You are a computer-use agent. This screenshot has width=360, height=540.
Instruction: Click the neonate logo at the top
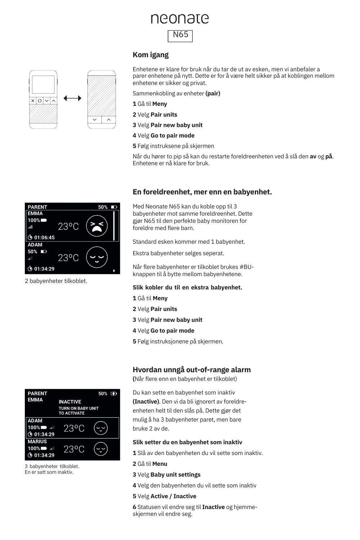pyautogui.click(x=180, y=19)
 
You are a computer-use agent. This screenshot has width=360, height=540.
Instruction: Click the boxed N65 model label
pyautogui.click(x=180, y=35)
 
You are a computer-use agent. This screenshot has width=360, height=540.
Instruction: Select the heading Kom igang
pyautogui.click(x=150, y=55)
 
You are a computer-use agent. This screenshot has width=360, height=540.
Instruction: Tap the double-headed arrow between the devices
pyautogui.click(x=72, y=98)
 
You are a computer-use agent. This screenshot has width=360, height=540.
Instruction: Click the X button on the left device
pyautogui.click(x=33, y=101)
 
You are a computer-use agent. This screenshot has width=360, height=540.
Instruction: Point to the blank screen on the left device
pyautogui.click(x=43, y=85)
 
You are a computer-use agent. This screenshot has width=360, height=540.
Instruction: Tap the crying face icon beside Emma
pyautogui.click(x=97, y=226)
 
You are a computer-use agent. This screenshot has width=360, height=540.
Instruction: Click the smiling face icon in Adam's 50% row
pyautogui.click(x=97, y=257)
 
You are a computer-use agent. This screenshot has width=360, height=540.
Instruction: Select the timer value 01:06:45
pyautogui.click(x=44, y=237)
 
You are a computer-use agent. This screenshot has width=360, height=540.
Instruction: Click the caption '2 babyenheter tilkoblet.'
pyautogui.click(x=56, y=281)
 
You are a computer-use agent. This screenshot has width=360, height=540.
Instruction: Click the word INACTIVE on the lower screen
pyautogui.click(x=70, y=402)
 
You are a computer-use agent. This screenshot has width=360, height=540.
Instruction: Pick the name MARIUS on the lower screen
pyautogui.click(x=37, y=441)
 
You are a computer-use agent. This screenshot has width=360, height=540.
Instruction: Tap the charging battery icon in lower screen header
pyautogui.click(x=114, y=393)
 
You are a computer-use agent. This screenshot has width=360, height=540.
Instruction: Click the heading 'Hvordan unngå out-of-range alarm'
pyautogui.click(x=192, y=370)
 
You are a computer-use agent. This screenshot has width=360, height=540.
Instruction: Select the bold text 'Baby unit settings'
pyautogui.click(x=175, y=474)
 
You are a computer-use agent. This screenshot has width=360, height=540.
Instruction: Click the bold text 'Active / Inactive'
pyautogui.click(x=173, y=496)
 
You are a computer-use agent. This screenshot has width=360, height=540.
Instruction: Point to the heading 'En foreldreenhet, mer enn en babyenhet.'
pyautogui.click(x=202, y=192)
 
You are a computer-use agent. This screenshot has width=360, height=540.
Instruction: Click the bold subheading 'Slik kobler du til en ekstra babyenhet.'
pyautogui.click(x=187, y=287)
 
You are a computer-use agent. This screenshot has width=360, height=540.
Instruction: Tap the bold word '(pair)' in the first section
pyautogui.click(x=213, y=93)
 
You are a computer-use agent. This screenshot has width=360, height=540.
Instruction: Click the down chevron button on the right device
pyautogui.click(x=95, y=120)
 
